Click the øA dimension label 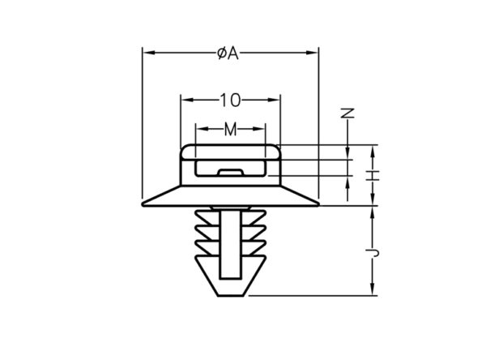228,54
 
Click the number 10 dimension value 230,101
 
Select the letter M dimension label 230,130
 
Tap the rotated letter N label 348,113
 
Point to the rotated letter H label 373,175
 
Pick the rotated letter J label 373,253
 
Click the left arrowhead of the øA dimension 149,53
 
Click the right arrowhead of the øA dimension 312,53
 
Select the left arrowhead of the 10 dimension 187,100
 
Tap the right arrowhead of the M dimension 258,129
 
